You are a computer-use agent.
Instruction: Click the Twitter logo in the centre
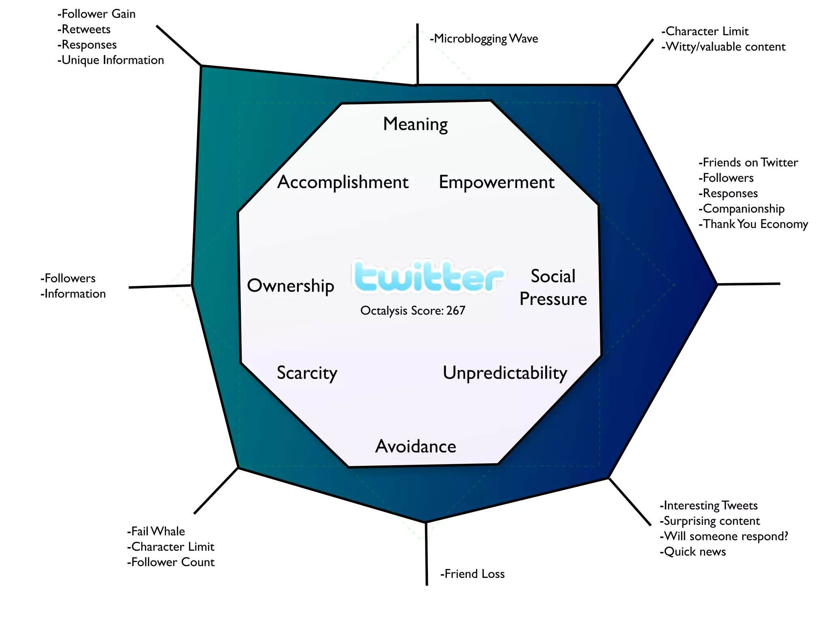[x=428, y=277]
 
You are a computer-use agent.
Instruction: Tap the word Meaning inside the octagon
[x=415, y=124]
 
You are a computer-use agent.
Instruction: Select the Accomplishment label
[x=343, y=182]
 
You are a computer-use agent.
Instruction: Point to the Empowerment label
[x=496, y=182]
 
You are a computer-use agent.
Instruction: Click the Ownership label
[x=291, y=285]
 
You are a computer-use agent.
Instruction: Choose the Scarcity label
[x=307, y=373]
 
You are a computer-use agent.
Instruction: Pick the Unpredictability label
[x=505, y=373]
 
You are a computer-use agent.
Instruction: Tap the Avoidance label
[x=416, y=446]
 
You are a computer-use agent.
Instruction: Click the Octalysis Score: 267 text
[x=412, y=311]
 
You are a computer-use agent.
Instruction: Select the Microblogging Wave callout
[x=484, y=39]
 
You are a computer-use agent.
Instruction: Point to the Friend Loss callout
[x=472, y=574]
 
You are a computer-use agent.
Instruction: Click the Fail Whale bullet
[x=156, y=531]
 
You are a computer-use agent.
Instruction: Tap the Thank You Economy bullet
[x=753, y=224]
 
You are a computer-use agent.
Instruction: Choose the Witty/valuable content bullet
[x=723, y=47]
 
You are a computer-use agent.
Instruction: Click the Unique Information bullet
[x=111, y=60]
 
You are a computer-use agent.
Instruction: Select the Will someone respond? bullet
[x=724, y=536]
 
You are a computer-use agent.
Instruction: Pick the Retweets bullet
[x=84, y=30]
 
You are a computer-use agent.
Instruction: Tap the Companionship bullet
[x=742, y=209]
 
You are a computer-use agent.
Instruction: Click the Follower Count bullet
[x=171, y=562]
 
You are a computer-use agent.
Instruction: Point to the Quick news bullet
[x=693, y=552]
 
